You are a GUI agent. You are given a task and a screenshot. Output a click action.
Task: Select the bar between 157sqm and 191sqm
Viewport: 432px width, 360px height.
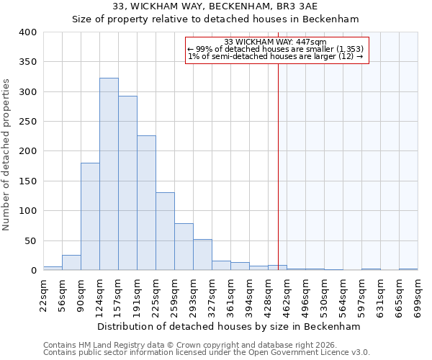(127, 184)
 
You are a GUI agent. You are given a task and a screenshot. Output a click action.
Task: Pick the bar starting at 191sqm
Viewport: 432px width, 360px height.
(146, 203)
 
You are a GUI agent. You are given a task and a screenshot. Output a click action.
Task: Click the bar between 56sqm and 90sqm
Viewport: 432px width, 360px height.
(71, 263)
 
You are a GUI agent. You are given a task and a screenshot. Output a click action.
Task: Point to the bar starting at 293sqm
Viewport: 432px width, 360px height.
(202, 255)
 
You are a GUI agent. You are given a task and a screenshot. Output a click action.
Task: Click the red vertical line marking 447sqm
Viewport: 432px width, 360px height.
(278, 158)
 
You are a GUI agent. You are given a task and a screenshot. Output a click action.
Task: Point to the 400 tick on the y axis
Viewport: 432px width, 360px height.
(27, 32)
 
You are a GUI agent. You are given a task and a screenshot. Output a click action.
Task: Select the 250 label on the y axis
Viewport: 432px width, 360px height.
(27, 122)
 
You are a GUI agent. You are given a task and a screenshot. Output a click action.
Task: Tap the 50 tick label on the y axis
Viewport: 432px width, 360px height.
(30, 240)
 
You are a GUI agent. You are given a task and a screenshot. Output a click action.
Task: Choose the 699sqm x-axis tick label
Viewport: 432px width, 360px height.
(418, 294)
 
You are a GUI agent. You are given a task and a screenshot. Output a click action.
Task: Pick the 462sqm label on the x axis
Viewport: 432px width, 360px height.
(287, 294)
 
